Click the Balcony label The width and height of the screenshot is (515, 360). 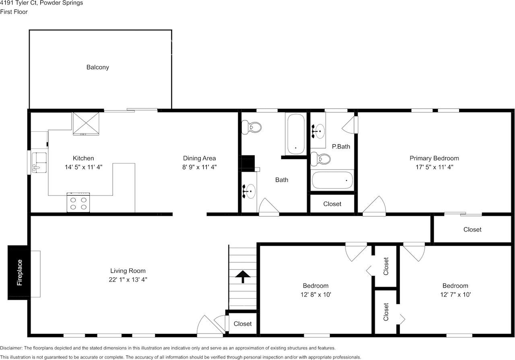point(97,67)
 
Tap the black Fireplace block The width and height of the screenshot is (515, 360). point(19,273)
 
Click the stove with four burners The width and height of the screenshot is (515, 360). point(78,203)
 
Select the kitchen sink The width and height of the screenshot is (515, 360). point(39,162)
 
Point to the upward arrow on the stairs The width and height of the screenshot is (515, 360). point(243,277)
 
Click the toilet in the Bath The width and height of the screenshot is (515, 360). point(251,127)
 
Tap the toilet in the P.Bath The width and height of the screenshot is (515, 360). point(321,159)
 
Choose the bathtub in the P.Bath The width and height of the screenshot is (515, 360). point(332,180)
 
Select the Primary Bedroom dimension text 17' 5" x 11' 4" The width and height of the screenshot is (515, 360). point(434,167)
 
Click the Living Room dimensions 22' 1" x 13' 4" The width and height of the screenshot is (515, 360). point(128,280)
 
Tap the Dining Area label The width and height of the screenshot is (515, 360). point(199,158)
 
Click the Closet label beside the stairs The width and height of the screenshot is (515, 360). point(243,324)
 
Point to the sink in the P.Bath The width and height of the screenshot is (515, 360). point(318,131)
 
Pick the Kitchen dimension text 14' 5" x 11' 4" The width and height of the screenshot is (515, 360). point(83,167)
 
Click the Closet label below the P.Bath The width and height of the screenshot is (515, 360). point(332,204)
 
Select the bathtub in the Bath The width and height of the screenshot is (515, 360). point(296,134)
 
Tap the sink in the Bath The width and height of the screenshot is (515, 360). point(249,191)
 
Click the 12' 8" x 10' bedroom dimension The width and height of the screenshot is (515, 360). point(316,295)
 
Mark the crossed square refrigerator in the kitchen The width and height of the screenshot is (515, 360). point(86,124)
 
